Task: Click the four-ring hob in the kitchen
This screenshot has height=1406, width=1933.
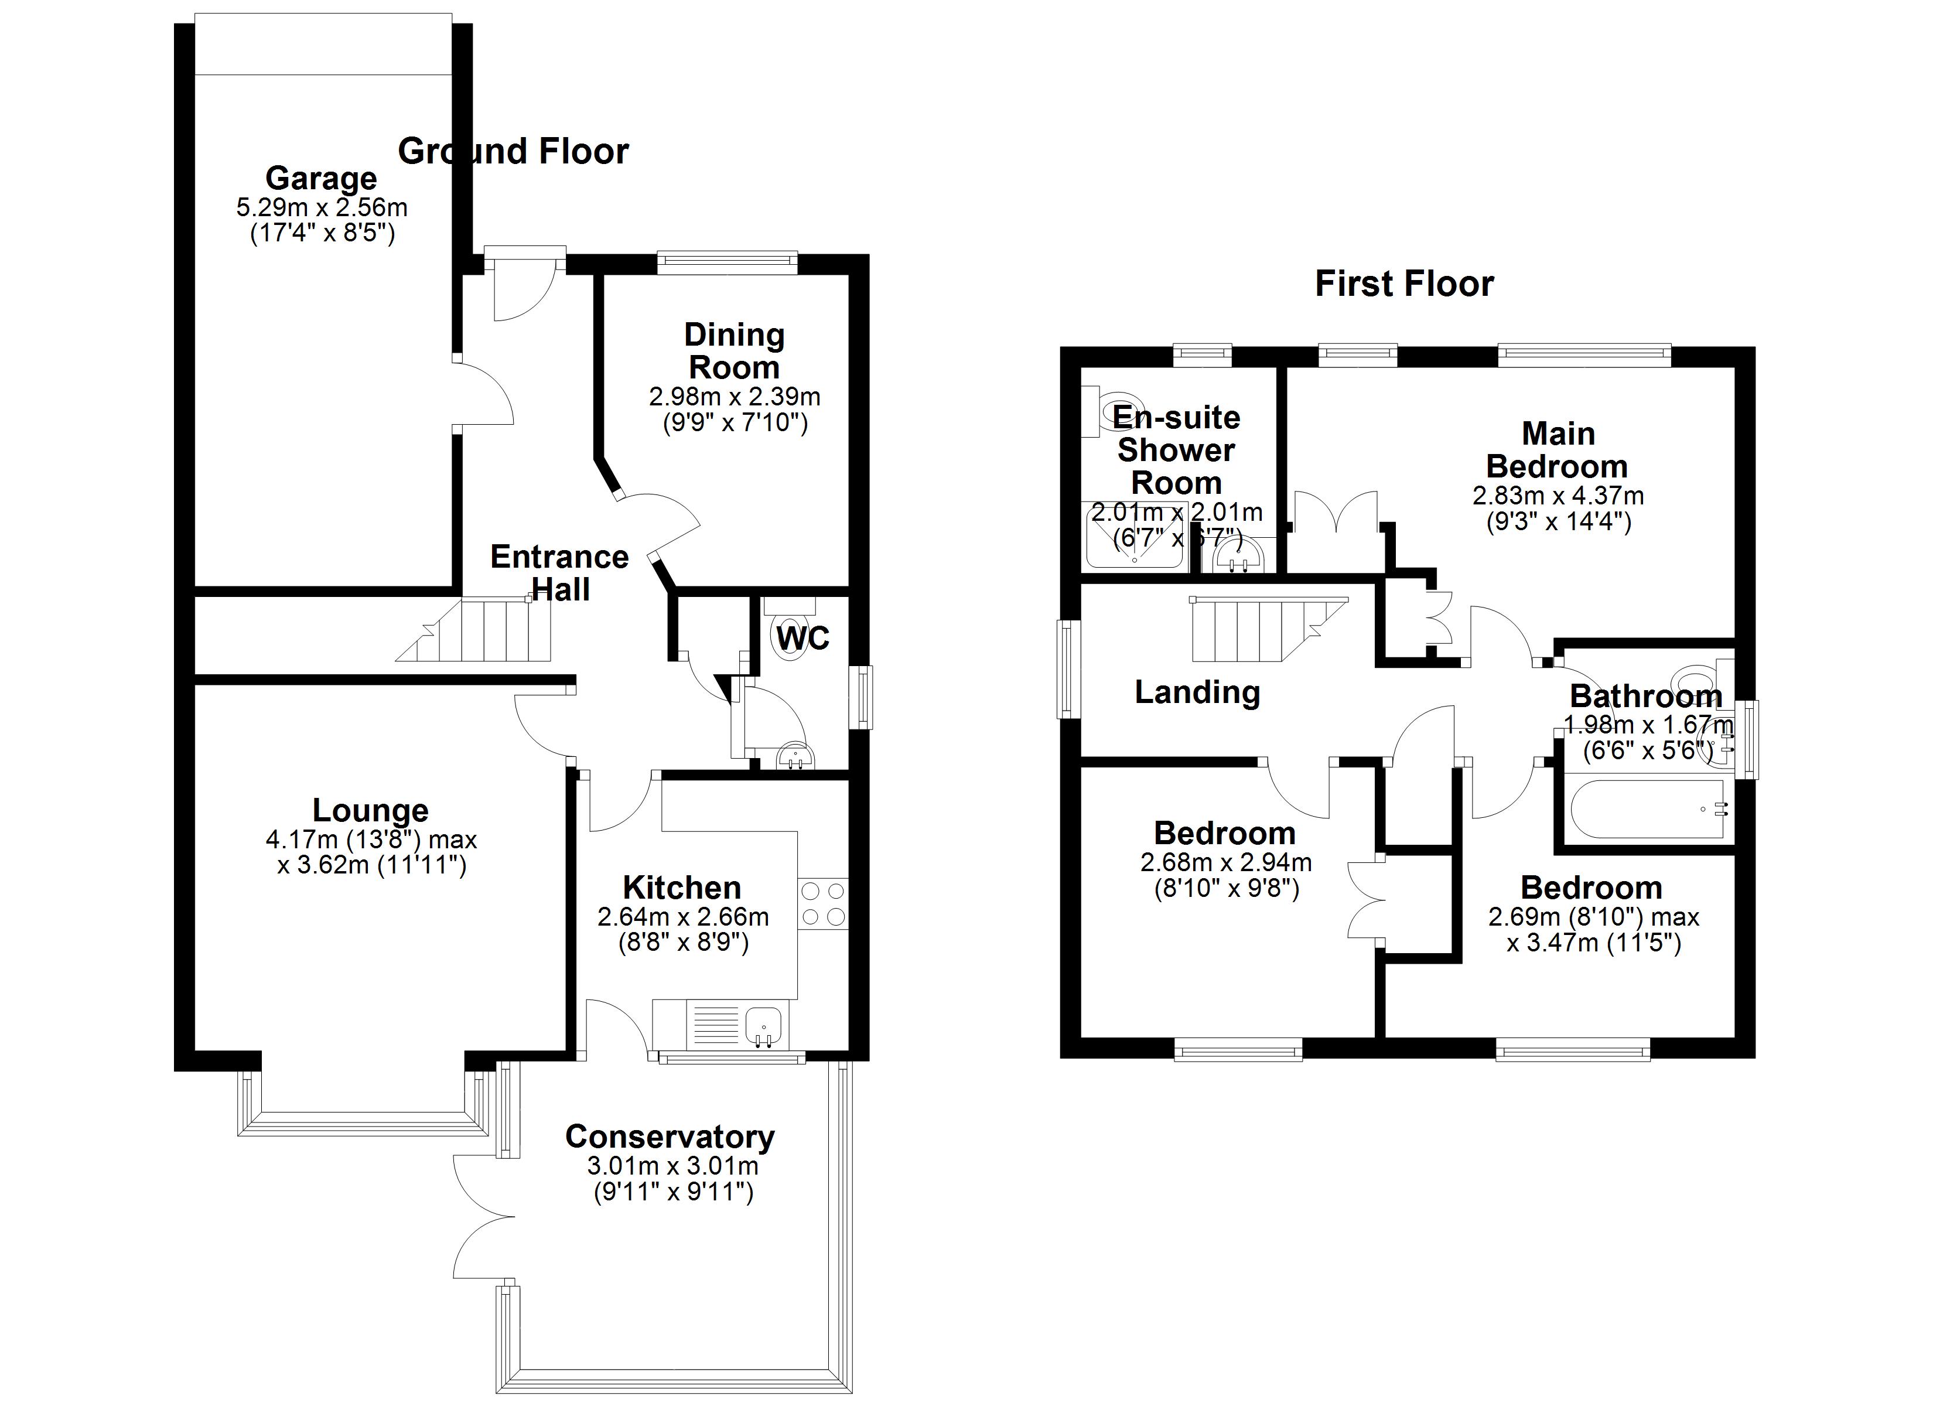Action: pos(824,904)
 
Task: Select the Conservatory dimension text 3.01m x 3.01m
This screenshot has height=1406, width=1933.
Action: pos(672,1166)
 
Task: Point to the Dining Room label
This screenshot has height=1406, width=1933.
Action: pos(734,351)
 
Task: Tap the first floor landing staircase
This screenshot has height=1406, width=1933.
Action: pos(1253,629)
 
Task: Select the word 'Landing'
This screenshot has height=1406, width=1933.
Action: pos(1197,691)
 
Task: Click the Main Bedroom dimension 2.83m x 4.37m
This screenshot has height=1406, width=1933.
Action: pos(1558,496)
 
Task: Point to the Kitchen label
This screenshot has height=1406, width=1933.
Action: pos(682,888)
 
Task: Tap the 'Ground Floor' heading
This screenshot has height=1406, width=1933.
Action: pos(513,152)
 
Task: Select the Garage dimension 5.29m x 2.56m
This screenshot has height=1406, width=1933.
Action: pos(322,207)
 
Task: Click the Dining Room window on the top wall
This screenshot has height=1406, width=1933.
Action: pos(727,262)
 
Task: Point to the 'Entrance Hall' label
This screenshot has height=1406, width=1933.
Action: pos(559,573)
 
